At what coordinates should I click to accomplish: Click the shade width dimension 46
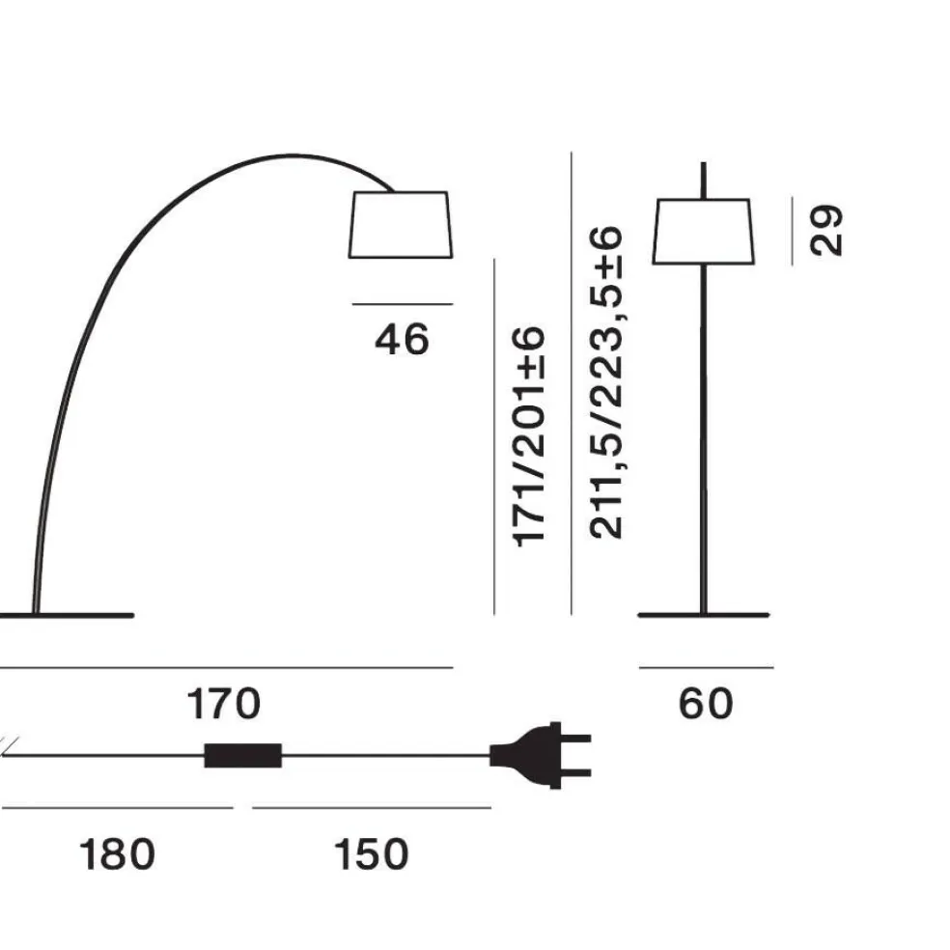click(x=402, y=339)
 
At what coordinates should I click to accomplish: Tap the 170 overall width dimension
click(x=224, y=704)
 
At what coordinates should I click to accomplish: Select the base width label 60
click(x=706, y=704)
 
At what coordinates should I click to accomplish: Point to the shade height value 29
click(x=825, y=230)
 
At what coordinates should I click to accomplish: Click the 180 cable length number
click(x=117, y=854)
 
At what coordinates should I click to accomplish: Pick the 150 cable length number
click(x=372, y=854)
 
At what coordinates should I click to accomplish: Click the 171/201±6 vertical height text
click(x=529, y=436)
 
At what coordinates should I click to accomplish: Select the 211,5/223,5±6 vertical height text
click(x=605, y=382)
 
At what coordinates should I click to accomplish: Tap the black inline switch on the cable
click(x=243, y=756)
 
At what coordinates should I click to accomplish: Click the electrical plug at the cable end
click(x=540, y=756)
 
